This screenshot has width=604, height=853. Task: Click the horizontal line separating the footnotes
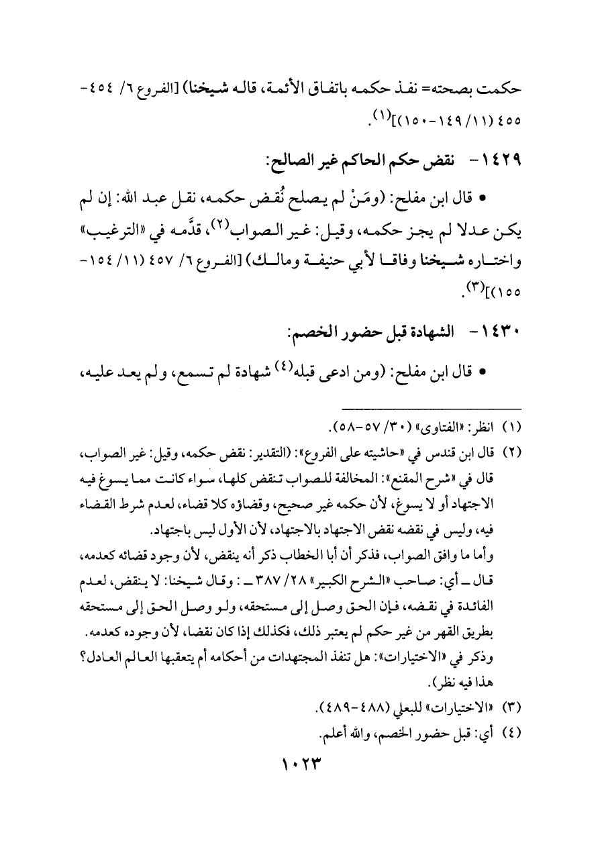[x=431, y=408]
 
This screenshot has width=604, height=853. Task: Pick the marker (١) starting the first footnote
[x=511, y=426]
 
